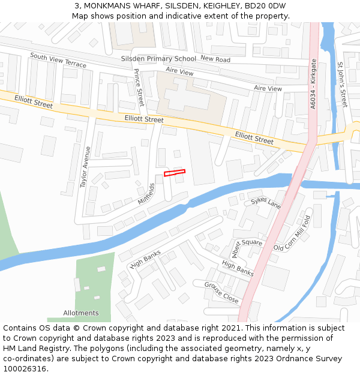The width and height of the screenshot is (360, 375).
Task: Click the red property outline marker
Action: (175, 173)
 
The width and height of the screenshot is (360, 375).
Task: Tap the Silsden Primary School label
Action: (158, 59)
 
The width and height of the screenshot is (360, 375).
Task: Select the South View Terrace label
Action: (58, 59)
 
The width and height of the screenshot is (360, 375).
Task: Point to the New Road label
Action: (215, 59)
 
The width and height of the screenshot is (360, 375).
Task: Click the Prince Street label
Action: (139, 88)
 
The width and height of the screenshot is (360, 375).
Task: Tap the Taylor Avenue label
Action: (85, 167)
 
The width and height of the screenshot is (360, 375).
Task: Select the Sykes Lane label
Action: (266, 202)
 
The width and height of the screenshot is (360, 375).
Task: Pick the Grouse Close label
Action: (221, 293)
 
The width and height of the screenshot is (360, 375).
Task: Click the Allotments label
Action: (81, 313)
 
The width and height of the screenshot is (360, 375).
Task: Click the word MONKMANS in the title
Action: (111, 6)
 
